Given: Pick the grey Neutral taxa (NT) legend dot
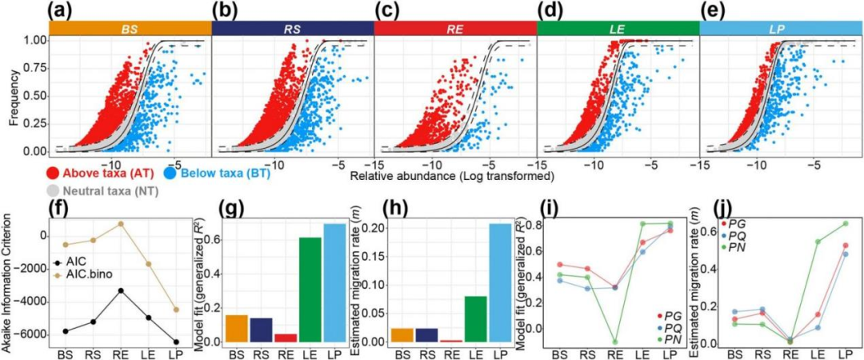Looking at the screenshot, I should click(x=51, y=191).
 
